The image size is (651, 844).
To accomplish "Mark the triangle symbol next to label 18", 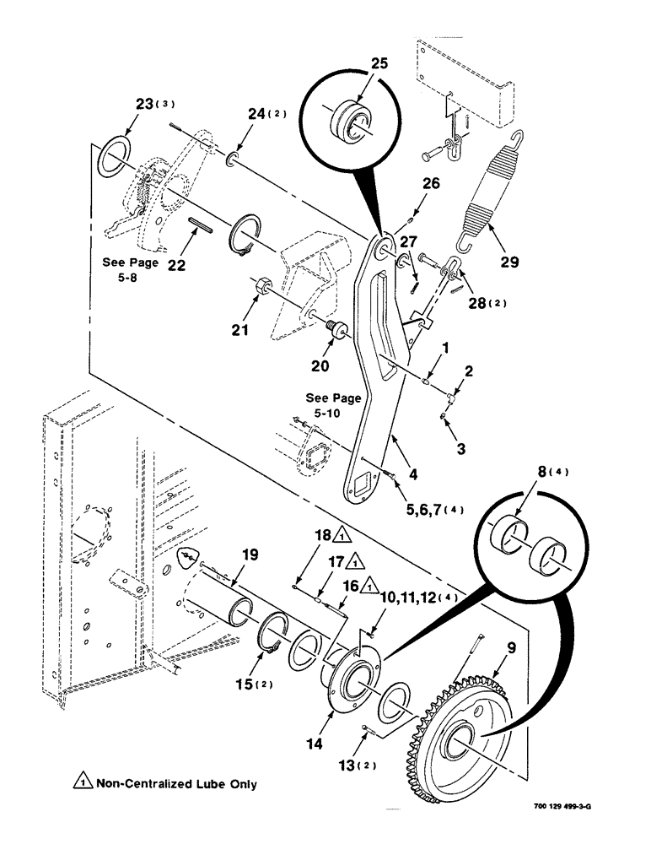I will (x=342, y=534).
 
